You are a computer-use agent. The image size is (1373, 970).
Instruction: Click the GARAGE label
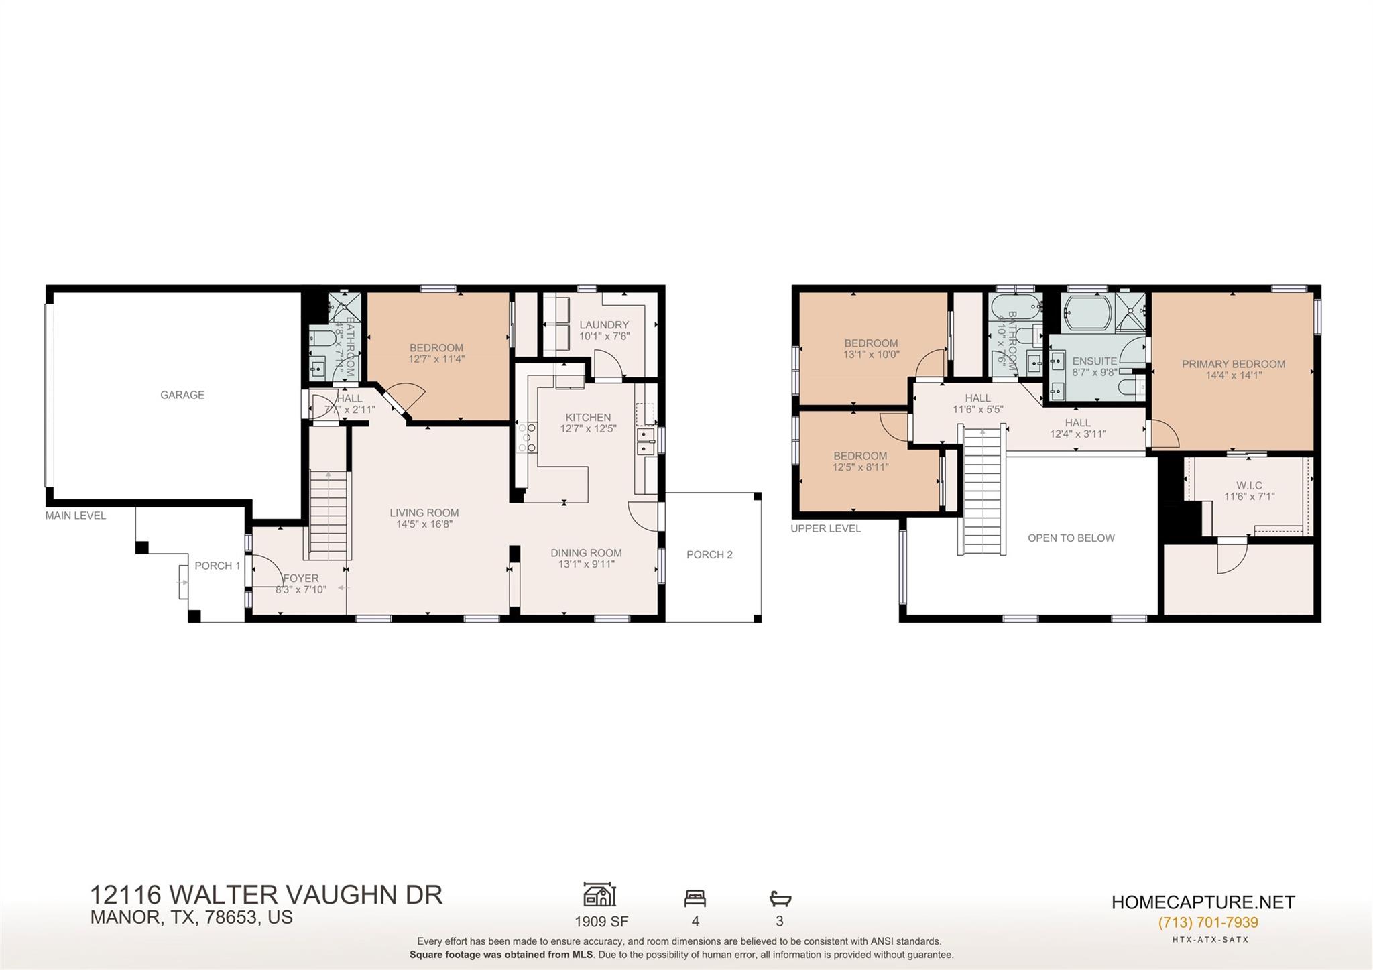point(182,395)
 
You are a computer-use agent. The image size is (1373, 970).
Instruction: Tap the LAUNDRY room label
point(604,325)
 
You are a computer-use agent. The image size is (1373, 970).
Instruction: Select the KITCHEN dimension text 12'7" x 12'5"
point(588,428)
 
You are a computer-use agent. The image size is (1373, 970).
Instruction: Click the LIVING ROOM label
point(424,513)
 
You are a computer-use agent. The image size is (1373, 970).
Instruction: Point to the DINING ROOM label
point(586,553)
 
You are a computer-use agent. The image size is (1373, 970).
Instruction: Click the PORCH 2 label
point(709,554)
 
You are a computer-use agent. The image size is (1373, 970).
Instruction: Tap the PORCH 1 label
point(217,566)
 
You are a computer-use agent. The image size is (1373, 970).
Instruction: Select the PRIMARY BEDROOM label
point(1233,364)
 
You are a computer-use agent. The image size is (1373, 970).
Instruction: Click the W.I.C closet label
point(1249,485)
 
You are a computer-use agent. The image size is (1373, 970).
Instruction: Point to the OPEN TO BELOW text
point(1071,538)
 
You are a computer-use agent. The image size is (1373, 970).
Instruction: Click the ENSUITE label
point(1094,361)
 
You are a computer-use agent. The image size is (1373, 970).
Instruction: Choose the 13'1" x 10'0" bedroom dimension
point(871,355)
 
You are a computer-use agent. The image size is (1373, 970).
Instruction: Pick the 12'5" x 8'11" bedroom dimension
point(860,467)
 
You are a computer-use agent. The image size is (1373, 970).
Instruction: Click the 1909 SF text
point(601,921)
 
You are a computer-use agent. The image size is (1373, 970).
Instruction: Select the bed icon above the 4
point(695,898)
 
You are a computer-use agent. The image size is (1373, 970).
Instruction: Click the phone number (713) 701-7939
point(1207,922)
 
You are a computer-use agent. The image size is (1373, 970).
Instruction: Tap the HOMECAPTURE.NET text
point(1203,902)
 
